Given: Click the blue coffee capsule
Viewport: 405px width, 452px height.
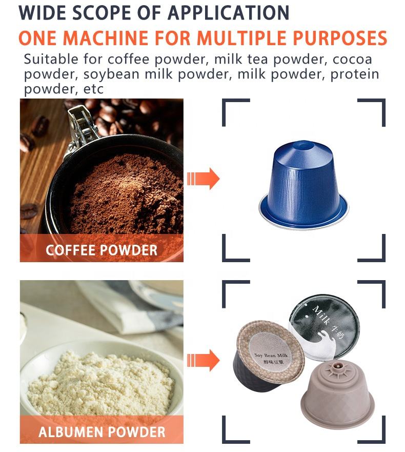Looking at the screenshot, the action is pos(304,185).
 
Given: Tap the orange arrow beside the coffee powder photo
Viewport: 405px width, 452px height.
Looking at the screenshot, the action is pos(203,179).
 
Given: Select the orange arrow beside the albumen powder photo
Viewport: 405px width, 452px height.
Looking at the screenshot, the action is pos(203,360).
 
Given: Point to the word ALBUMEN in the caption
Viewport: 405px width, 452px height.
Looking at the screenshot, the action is pos(71,432).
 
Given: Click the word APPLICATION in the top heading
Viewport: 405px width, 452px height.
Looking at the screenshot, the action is pos(228,13).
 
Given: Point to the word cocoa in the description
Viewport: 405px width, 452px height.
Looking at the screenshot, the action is pos(352,60).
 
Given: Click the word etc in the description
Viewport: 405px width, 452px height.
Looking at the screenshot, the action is pos(93,89).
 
